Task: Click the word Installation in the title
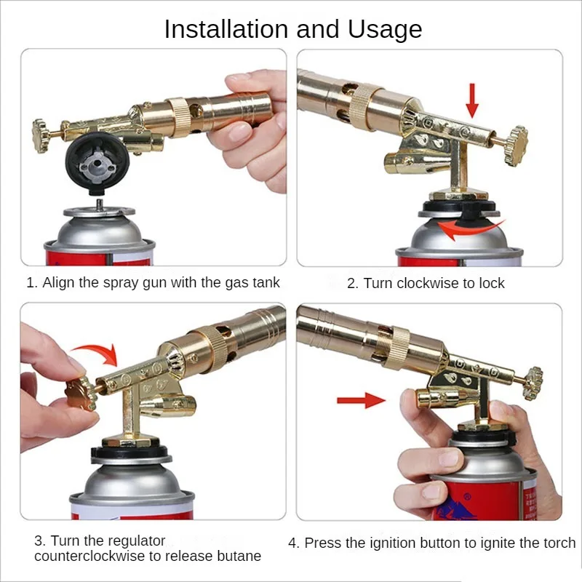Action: [226, 29]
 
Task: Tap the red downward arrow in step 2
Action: [472, 100]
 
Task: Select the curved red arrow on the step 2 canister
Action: [469, 229]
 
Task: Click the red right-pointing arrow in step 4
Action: [361, 400]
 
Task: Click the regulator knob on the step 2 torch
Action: [517, 145]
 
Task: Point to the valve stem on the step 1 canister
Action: [100, 204]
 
